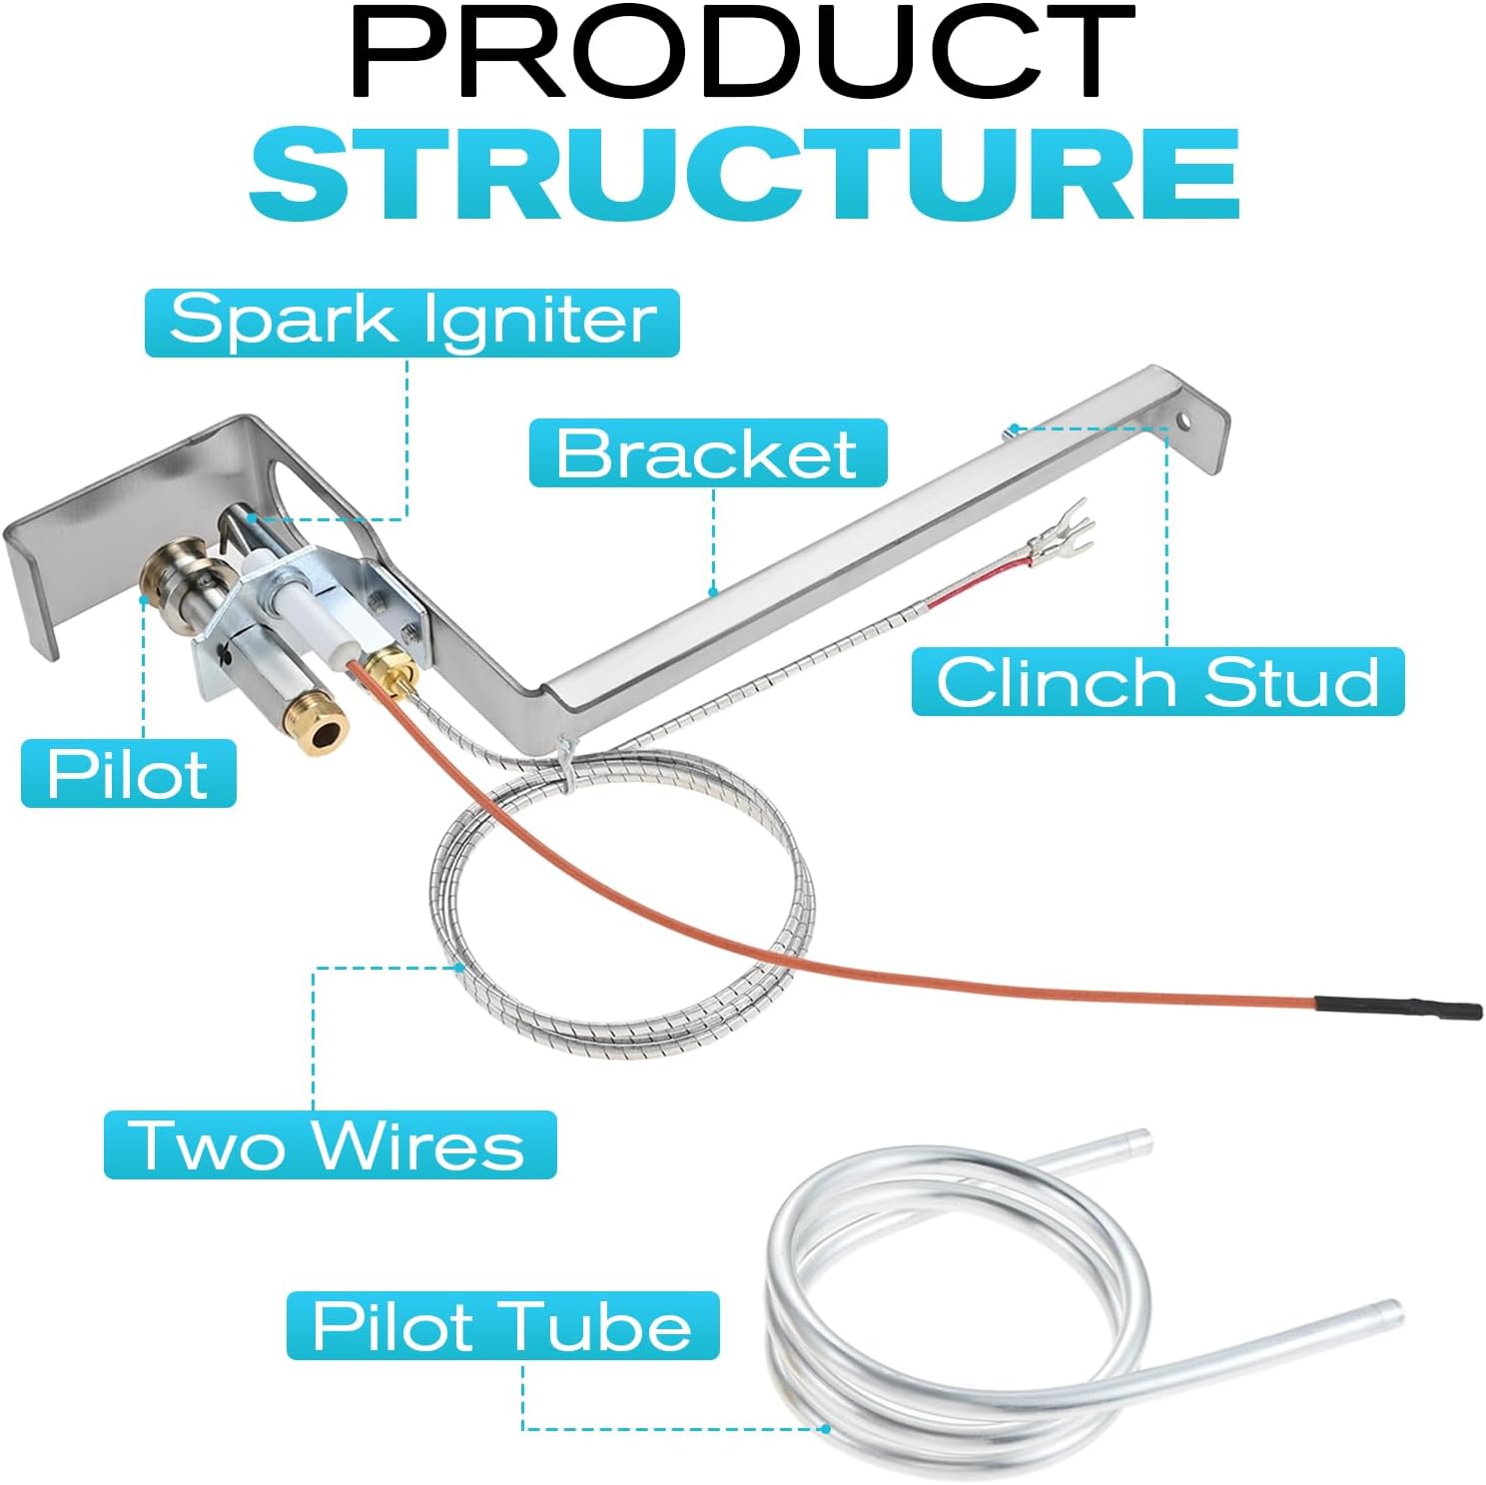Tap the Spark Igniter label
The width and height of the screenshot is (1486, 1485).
[x=411, y=323]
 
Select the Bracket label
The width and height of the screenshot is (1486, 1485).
[x=707, y=452]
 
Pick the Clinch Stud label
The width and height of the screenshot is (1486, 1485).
[x=1157, y=682]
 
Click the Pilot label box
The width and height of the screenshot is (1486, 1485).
[x=128, y=774]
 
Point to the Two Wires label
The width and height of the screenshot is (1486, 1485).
[x=330, y=1144]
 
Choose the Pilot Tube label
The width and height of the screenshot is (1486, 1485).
[x=502, y=1325]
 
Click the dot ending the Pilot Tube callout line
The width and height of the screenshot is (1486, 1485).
[x=826, y=1429]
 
